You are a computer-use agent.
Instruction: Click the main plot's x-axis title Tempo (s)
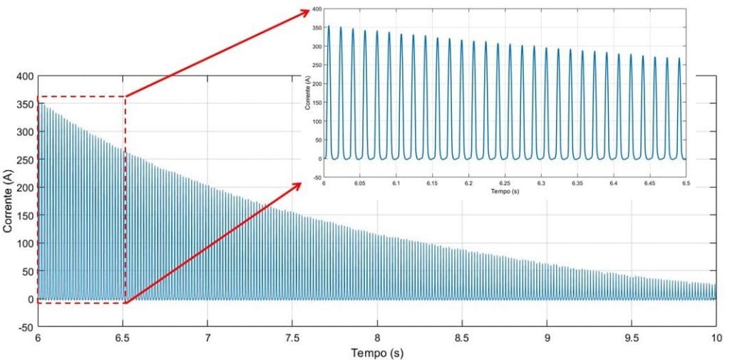click(x=377, y=353)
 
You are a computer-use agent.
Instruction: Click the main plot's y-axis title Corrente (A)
click(x=9, y=188)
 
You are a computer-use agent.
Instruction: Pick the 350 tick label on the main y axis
click(x=24, y=105)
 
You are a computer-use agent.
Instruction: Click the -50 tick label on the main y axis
click(x=24, y=327)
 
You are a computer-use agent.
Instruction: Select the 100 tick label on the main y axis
click(x=24, y=244)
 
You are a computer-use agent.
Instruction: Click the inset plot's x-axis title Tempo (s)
click(x=505, y=192)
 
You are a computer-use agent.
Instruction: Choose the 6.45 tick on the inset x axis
click(x=649, y=184)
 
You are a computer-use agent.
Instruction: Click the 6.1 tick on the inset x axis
click(x=396, y=184)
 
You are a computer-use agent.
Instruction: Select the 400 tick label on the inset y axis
click(x=317, y=10)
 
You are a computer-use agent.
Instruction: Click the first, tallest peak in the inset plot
click(x=329, y=26)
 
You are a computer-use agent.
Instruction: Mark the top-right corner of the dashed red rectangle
click(x=125, y=96)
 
